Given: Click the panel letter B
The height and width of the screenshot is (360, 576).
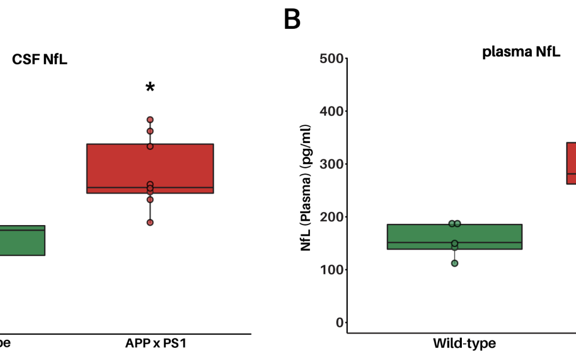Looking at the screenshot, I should pyautogui.click(x=292, y=19).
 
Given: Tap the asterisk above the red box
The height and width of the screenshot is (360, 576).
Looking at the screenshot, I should pyautogui.click(x=150, y=87).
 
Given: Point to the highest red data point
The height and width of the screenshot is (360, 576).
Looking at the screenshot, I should pyautogui.click(x=150, y=119).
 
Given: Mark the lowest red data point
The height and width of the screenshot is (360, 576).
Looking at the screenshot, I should pyautogui.click(x=150, y=222).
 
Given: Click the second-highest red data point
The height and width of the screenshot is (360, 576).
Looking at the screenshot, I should pyautogui.click(x=150, y=131).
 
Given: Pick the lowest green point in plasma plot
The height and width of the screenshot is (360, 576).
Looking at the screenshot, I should pyautogui.click(x=454, y=263).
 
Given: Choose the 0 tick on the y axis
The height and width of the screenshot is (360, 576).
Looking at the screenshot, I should pyautogui.click(x=337, y=322).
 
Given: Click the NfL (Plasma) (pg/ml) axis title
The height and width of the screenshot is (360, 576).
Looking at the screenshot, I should pyautogui.click(x=306, y=188).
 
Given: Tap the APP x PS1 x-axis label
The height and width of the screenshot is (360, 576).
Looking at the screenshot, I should pyautogui.click(x=150, y=343).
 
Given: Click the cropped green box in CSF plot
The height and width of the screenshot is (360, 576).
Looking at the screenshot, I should pyautogui.click(x=22, y=240).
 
